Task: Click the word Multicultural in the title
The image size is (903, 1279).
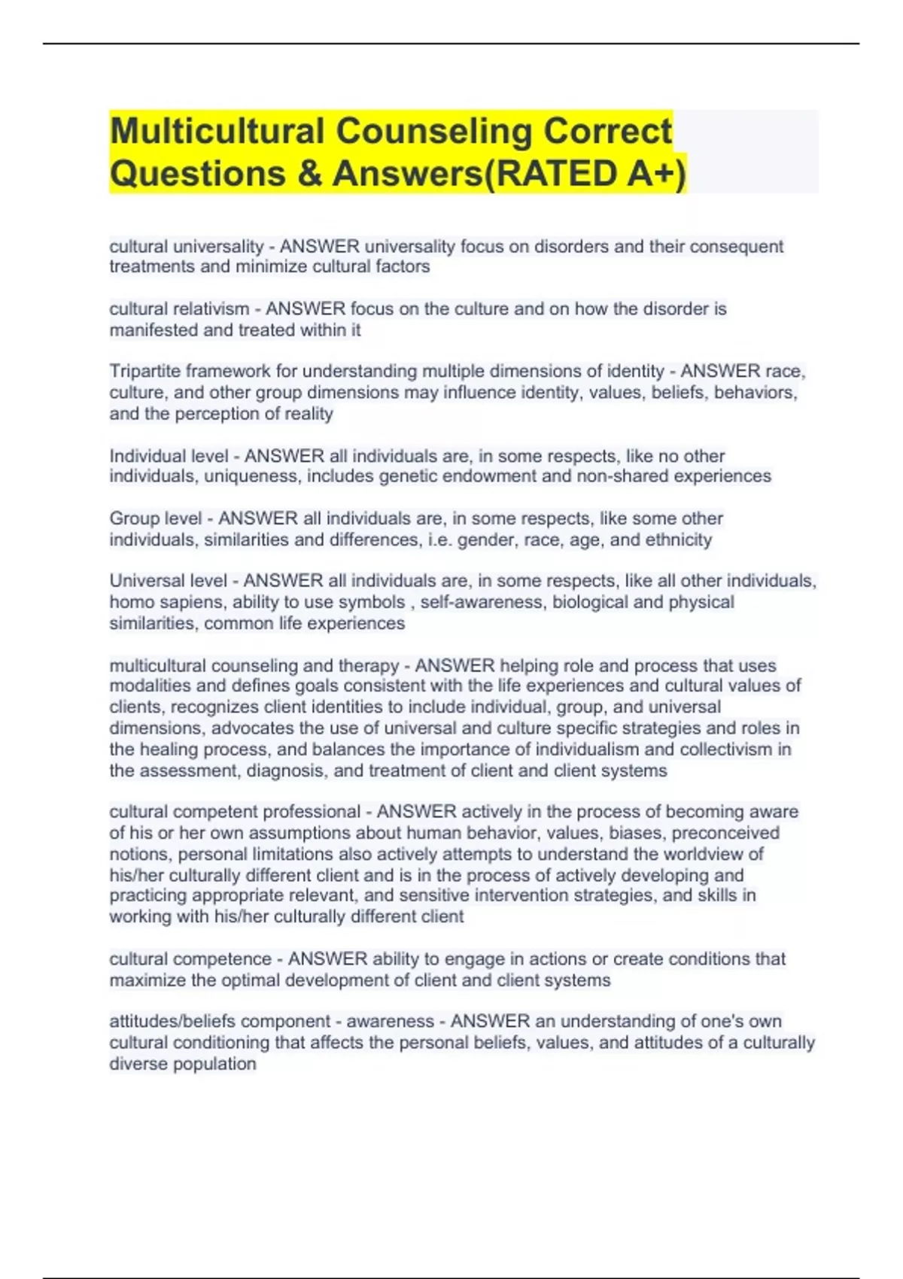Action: coord(217,132)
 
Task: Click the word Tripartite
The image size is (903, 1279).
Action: coord(144,372)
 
